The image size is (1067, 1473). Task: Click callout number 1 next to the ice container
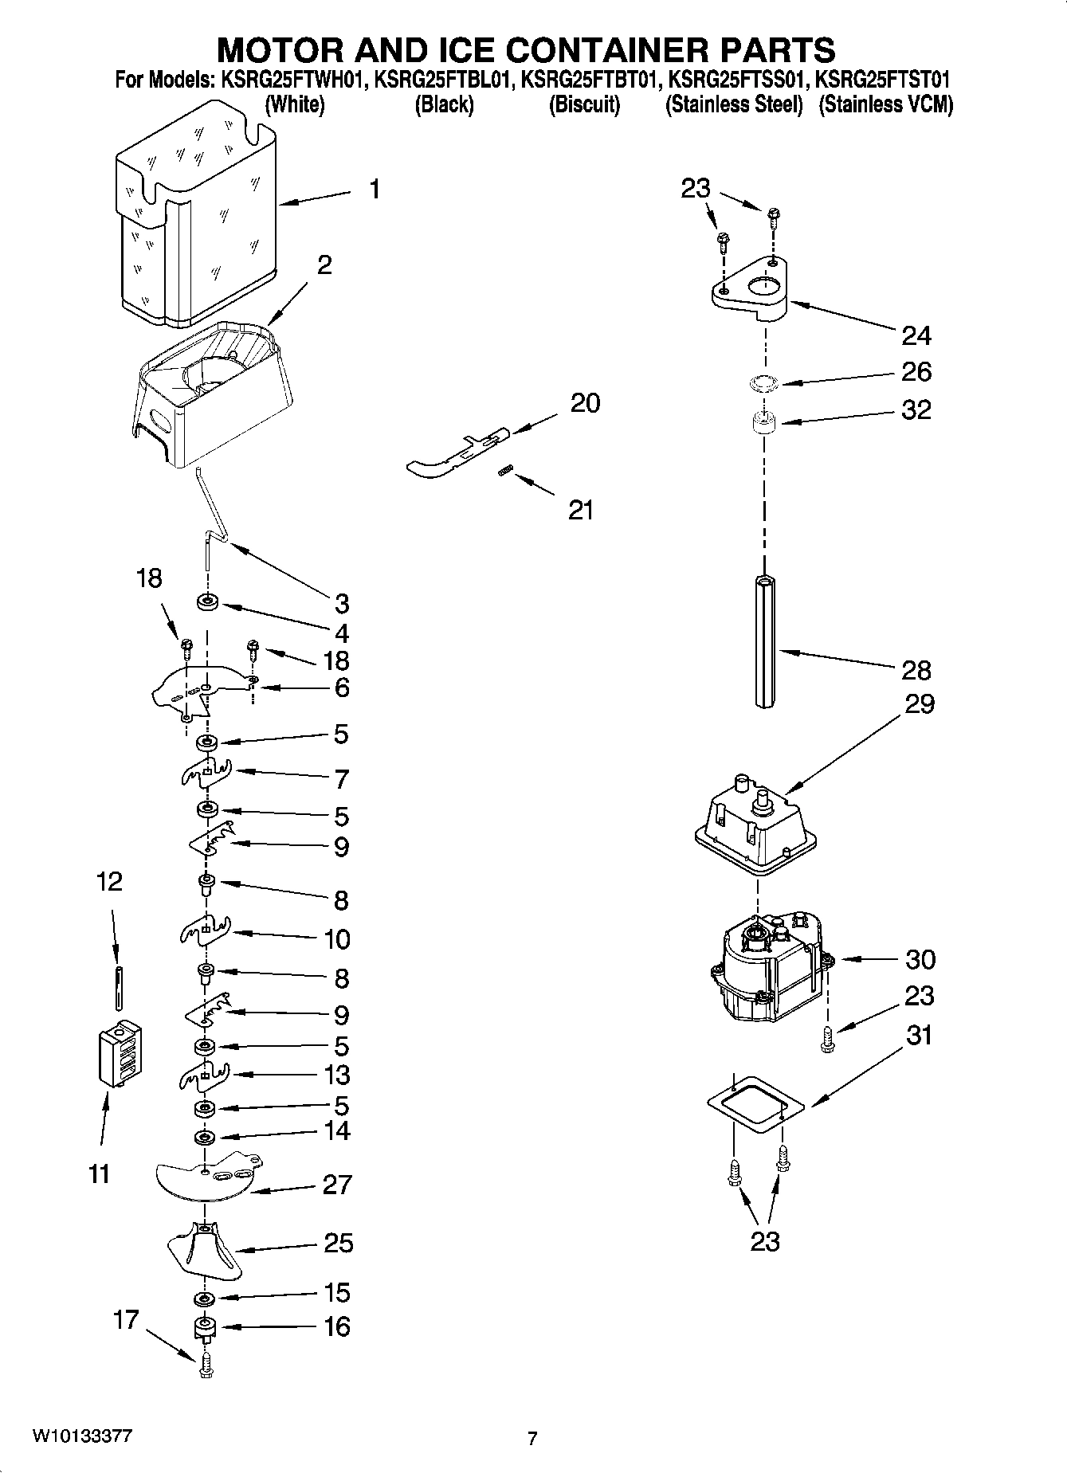pos(374,190)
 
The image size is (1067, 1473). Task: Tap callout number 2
pos(324,264)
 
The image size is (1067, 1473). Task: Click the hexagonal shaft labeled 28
pos(764,641)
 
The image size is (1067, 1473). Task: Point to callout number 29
pos(919,704)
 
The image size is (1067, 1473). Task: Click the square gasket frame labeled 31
pos(755,1102)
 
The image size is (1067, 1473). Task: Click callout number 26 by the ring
pos(916,371)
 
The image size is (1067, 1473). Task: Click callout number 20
pos(585,403)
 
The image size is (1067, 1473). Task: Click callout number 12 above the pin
pos(110,881)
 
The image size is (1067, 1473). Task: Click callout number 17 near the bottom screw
pos(126,1319)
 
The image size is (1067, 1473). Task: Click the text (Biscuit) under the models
pos(584,104)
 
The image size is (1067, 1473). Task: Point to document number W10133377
pos(82,1436)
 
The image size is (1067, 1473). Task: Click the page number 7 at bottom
pos(532,1438)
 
